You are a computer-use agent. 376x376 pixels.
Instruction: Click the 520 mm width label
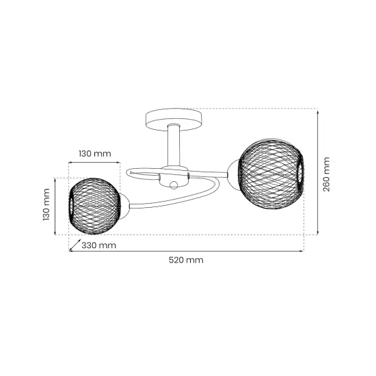186,260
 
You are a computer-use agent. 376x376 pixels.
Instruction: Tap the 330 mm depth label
99,245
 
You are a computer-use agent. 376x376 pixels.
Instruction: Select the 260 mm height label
326,174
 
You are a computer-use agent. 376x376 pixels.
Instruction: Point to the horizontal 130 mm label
95,153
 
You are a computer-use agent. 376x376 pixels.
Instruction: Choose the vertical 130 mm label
46,204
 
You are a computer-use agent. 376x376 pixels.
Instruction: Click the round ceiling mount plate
174,120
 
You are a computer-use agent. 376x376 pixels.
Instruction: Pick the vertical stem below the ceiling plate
174,145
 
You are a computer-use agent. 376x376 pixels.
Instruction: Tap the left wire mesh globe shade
94,206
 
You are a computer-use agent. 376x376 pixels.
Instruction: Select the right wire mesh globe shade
271,174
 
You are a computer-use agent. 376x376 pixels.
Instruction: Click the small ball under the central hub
174,185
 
